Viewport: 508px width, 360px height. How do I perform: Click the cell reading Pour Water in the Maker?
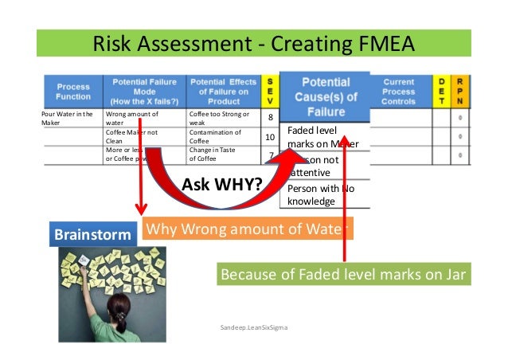coord(67,119)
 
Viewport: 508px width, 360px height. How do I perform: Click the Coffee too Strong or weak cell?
coord(214,119)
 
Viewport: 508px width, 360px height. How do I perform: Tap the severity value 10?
coord(269,138)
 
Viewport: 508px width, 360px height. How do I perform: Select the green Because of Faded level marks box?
coord(343,276)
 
